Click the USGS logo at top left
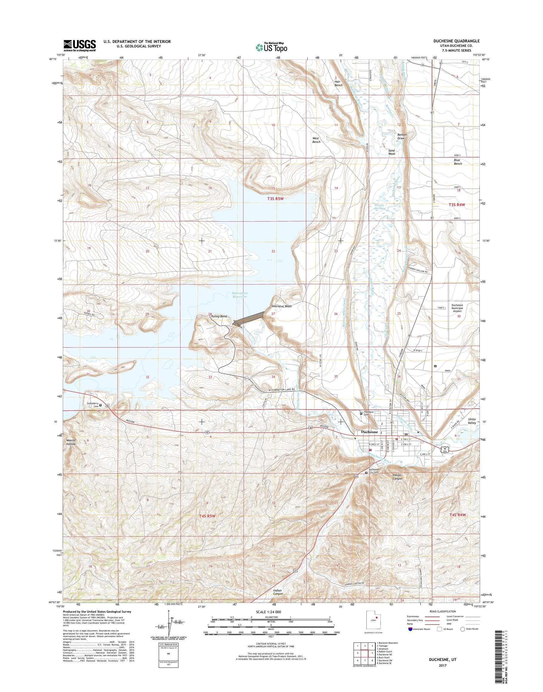[79, 45]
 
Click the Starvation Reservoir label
[238, 294]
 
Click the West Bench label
[316, 140]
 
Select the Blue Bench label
[457, 162]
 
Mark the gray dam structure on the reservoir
[249, 319]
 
